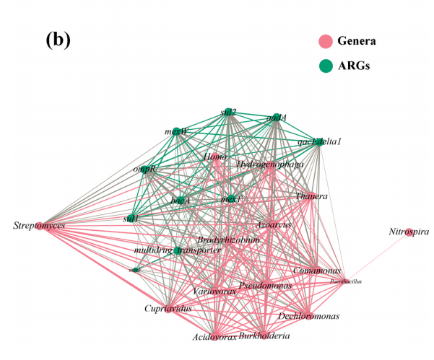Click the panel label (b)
[x=58, y=39]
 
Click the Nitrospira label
[x=409, y=232]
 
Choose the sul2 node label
[x=229, y=112]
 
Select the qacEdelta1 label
[x=318, y=141]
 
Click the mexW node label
[x=175, y=132]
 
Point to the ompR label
[x=144, y=168]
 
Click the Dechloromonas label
[x=308, y=316]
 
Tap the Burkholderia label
[x=265, y=335]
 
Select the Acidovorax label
[x=214, y=337]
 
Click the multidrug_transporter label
[x=178, y=250]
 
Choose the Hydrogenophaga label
[x=269, y=165]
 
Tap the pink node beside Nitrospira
[x=411, y=230]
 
